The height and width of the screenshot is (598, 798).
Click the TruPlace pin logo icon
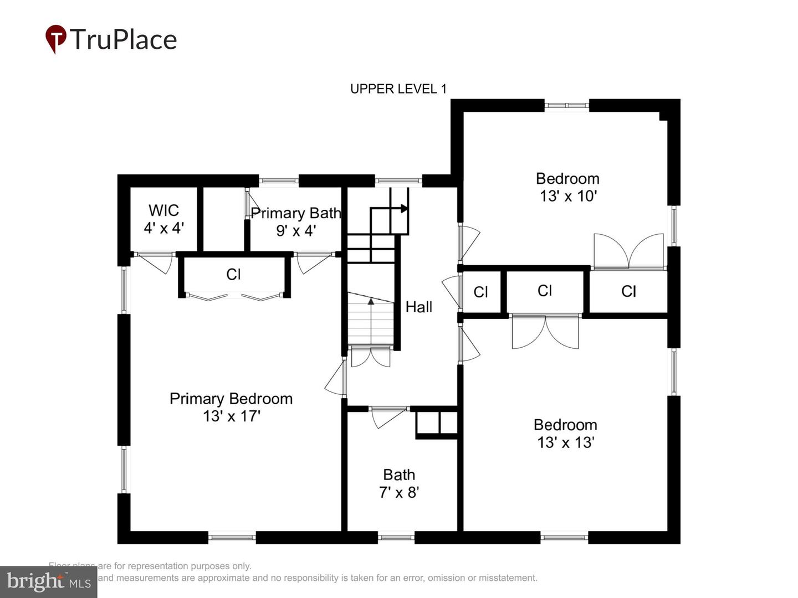[x=55, y=39]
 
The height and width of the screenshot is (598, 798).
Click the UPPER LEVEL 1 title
[x=398, y=89]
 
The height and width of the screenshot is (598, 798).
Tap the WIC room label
[x=163, y=210]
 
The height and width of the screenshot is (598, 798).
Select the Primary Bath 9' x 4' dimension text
[x=296, y=231]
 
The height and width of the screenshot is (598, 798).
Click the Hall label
[x=418, y=307]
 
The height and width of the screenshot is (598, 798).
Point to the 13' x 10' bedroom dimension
[x=567, y=196]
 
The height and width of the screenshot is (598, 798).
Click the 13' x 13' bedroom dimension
[x=565, y=442]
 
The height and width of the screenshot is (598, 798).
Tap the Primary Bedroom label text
[x=231, y=399]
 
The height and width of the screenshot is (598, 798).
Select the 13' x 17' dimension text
[x=231, y=416]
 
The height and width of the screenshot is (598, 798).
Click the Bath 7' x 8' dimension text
[x=399, y=492]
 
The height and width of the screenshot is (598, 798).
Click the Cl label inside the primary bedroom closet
[x=233, y=274]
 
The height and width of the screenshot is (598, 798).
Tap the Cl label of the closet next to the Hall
[x=480, y=292]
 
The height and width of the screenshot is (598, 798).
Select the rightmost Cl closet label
[x=628, y=291]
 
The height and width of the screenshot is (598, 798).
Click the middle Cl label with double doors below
[x=544, y=291]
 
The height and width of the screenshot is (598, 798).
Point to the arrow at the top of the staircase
[x=404, y=209]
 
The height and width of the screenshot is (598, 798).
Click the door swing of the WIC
[x=157, y=262]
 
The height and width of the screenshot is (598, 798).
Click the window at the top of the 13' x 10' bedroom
[x=566, y=105]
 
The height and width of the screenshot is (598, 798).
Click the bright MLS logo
[x=48, y=581]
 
